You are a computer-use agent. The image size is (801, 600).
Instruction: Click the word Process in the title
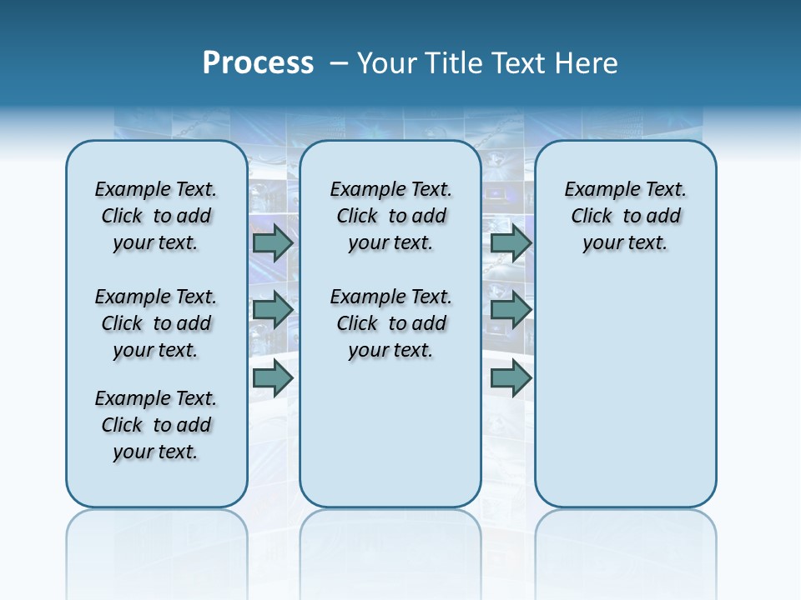pyautogui.click(x=258, y=63)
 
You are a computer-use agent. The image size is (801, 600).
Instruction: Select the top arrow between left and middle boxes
pyautogui.click(x=273, y=242)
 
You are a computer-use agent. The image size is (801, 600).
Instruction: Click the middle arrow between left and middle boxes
pyautogui.click(x=273, y=310)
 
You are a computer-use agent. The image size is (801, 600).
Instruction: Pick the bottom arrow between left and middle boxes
pyautogui.click(x=273, y=378)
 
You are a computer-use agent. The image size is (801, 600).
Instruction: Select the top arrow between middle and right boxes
pyautogui.click(x=511, y=242)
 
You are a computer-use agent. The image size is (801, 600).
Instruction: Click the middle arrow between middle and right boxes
pyautogui.click(x=511, y=310)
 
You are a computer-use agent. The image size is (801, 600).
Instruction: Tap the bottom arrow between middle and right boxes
pyautogui.click(x=511, y=378)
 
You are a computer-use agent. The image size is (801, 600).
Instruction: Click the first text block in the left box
pyautogui.click(x=156, y=216)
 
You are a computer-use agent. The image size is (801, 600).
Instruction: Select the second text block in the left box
pyautogui.click(x=156, y=323)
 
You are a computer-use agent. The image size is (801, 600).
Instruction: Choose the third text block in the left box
pyautogui.click(x=156, y=425)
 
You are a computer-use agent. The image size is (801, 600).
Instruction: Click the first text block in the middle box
pyautogui.click(x=391, y=216)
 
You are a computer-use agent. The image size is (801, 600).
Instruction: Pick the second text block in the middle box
pyautogui.click(x=391, y=323)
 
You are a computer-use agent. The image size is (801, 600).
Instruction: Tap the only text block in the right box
pyautogui.click(x=626, y=216)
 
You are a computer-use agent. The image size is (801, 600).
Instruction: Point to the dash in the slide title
pyautogui.click(x=339, y=63)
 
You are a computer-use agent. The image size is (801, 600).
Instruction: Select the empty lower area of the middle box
pyautogui.click(x=390, y=433)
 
